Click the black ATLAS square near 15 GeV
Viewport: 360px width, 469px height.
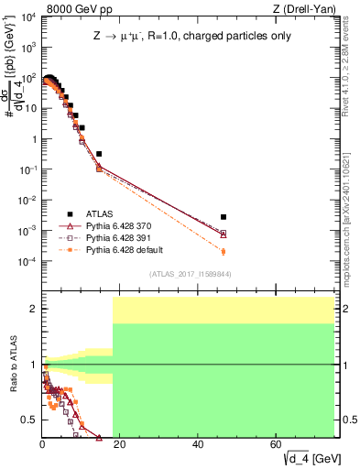click(99, 154)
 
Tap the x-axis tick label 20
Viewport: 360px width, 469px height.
click(119, 444)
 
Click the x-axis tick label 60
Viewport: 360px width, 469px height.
click(276, 444)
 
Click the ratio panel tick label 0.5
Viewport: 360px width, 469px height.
click(29, 420)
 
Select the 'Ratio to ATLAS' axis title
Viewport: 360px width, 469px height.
click(11, 365)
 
